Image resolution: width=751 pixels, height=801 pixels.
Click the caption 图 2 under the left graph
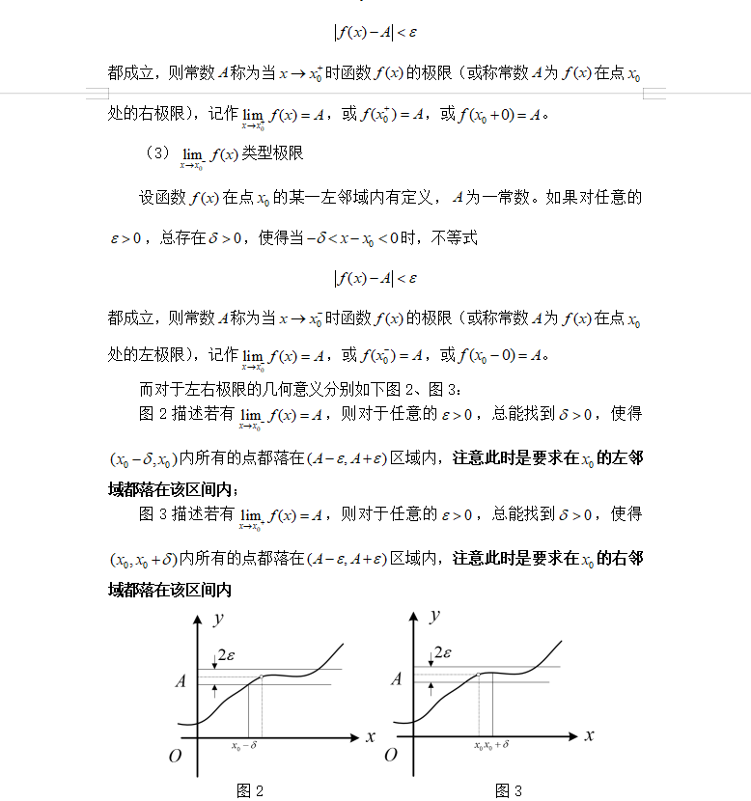tap(250, 791)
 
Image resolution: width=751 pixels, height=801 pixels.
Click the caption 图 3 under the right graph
tap(509, 791)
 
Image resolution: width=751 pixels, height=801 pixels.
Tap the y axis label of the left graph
tap(219, 617)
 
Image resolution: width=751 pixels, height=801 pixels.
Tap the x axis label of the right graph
tap(589, 735)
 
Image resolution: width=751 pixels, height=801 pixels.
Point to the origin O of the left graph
tap(175, 756)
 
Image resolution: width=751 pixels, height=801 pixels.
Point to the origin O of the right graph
tap(391, 756)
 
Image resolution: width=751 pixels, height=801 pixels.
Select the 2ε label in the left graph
tap(226, 653)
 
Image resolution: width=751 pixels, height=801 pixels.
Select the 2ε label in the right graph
tap(442, 653)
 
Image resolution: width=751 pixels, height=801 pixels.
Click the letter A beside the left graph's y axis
tap(180, 680)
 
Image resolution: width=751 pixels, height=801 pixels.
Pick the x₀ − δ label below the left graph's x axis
tap(244, 746)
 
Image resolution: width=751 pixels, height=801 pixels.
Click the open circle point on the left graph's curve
tap(263, 676)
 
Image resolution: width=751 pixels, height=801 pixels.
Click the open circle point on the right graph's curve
tap(479, 675)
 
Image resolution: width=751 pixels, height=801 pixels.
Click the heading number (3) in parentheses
tap(156, 153)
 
